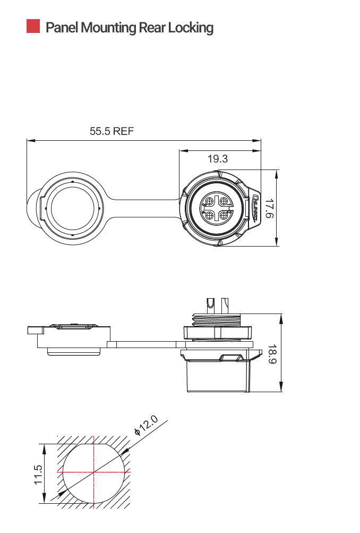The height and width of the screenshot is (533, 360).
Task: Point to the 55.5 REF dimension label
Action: click(x=112, y=131)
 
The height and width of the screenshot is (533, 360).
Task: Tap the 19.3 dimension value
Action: click(x=218, y=158)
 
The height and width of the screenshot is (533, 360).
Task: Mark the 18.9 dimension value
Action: click(x=272, y=354)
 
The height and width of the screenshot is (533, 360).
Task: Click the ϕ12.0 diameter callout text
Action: click(x=147, y=426)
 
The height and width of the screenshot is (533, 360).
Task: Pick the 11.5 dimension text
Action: click(x=38, y=474)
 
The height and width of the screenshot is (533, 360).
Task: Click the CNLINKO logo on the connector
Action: click(x=255, y=208)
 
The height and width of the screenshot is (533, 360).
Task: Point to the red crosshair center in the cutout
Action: click(x=94, y=472)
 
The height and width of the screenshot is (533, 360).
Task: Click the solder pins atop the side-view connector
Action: click(x=217, y=304)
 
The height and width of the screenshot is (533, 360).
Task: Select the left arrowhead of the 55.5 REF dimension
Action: click(x=30, y=141)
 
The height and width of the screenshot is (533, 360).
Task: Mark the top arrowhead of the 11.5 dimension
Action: click(x=44, y=447)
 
